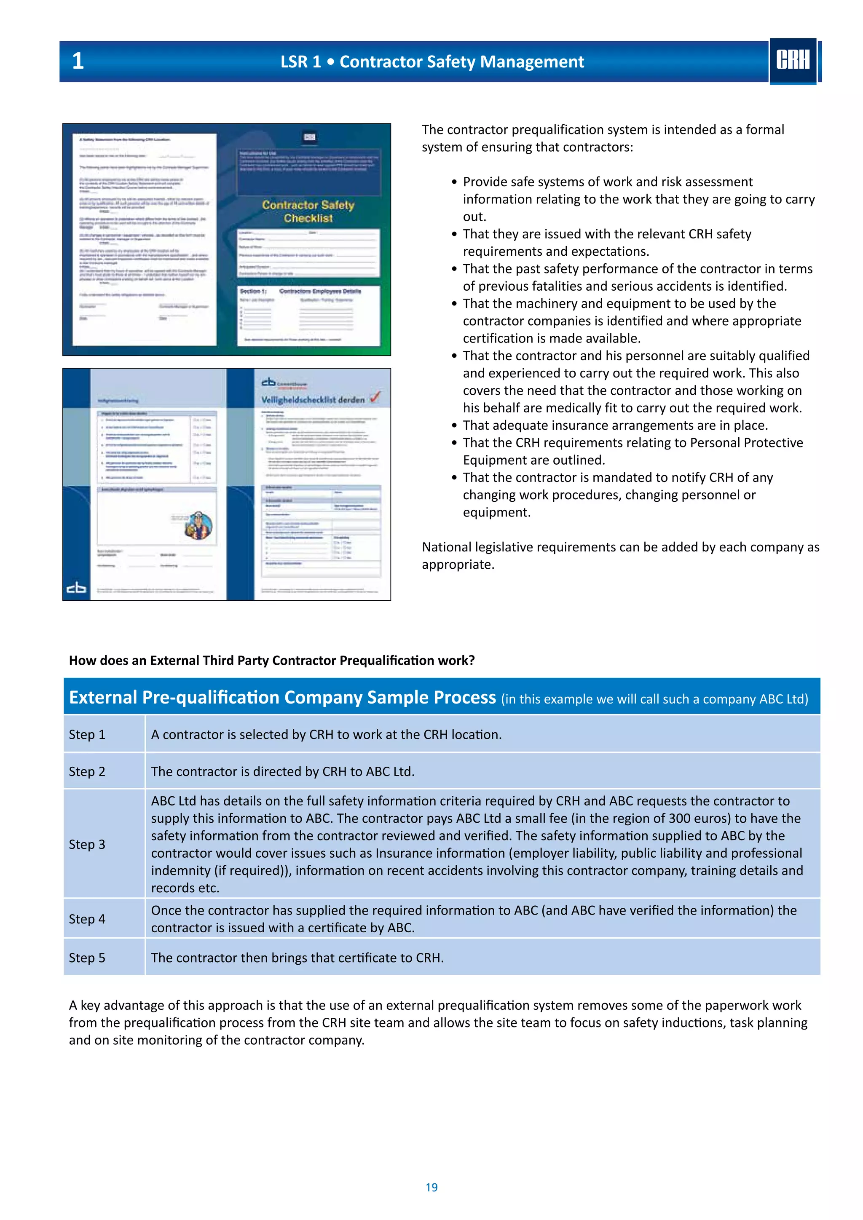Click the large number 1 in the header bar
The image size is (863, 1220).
[78, 61]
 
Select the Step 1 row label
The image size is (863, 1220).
[87, 734]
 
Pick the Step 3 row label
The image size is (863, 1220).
[87, 844]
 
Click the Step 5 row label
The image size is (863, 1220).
[87, 958]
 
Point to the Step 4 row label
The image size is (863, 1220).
[87, 919]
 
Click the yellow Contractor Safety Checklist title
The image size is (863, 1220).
[308, 211]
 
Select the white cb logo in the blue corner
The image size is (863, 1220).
[76, 588]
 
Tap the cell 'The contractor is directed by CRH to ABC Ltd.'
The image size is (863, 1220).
[282, 771]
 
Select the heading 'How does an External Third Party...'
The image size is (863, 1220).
[271, 661]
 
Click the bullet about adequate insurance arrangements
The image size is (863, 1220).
[615, 425]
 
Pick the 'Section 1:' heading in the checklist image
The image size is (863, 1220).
[253, 291]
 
